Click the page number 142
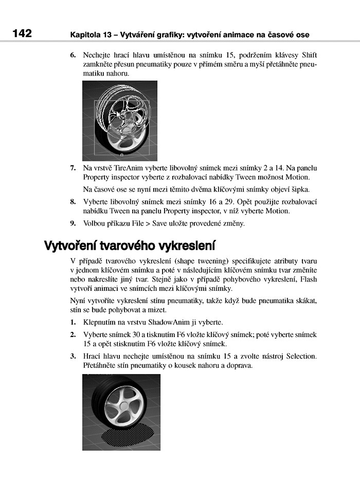22,34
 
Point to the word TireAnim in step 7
128,168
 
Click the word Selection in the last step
302,356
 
